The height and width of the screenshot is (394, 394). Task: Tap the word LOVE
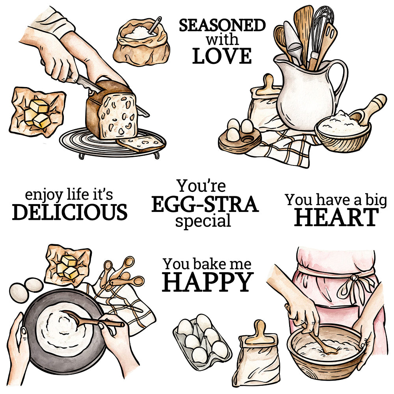[222, 56]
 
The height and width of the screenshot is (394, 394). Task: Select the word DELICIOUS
[70, 212]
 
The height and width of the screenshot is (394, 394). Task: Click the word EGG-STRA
[205, 204]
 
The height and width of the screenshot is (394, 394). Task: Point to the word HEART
[336, 217]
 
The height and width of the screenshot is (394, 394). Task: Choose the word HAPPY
[208, 282]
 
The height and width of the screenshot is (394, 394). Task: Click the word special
[203, 221]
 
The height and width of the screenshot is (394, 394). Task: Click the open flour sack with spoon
[141, 41]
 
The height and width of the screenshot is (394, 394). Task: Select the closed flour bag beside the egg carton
[257, 354]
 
